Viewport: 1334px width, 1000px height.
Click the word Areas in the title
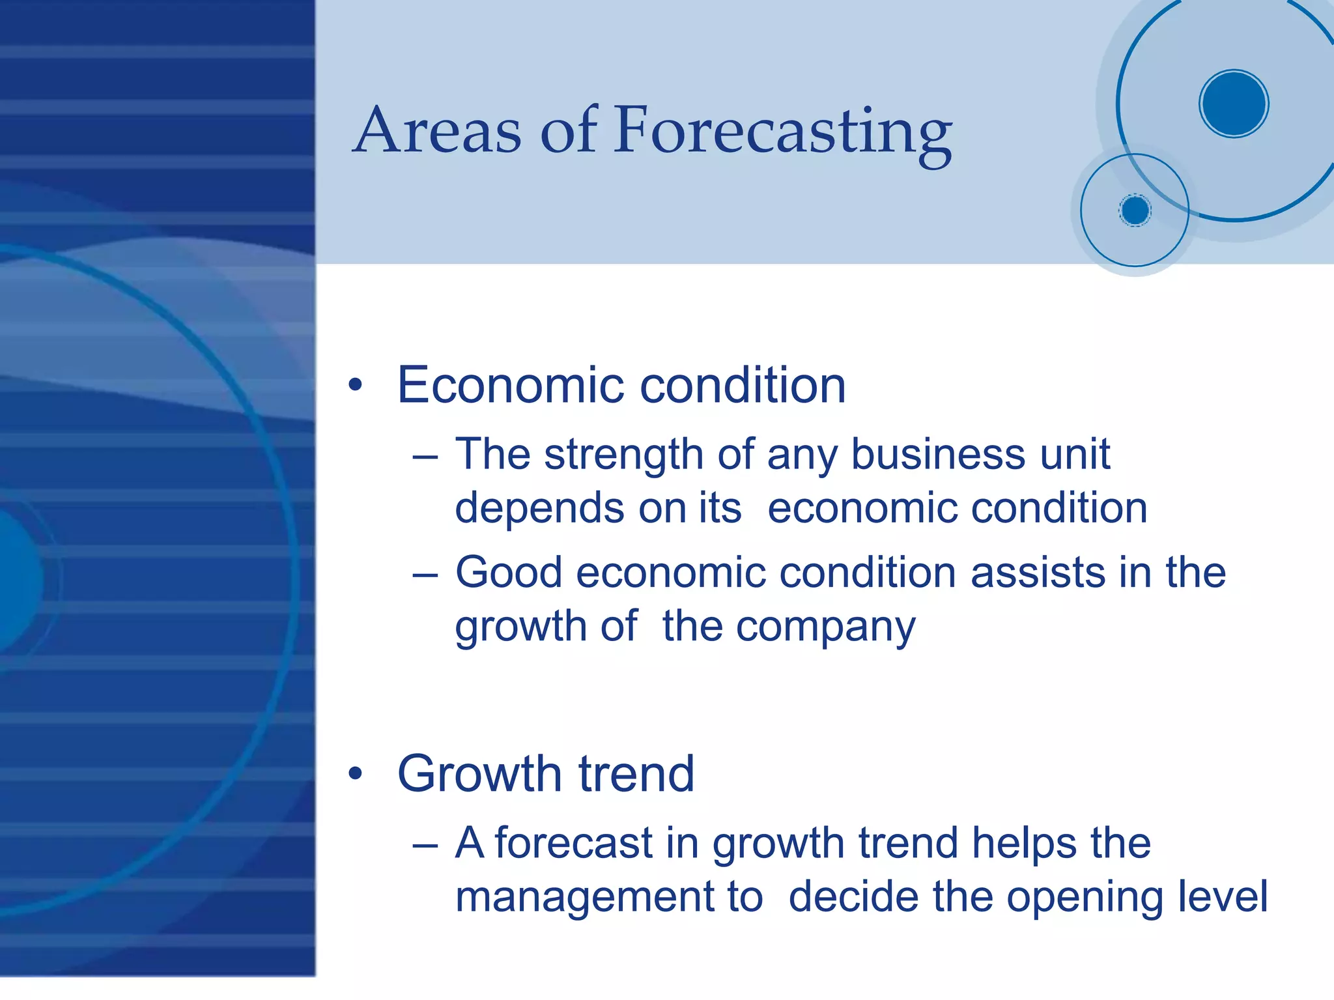(438, 132)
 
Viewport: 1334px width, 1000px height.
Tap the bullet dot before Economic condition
(355, 385)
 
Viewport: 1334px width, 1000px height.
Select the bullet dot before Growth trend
(355, 773)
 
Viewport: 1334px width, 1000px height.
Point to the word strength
(623, 454)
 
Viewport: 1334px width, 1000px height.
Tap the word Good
(508, 573)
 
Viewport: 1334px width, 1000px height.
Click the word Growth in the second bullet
(479, 773)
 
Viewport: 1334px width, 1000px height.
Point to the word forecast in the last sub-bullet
(574, 843)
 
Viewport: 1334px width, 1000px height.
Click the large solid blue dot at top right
(1233, 104)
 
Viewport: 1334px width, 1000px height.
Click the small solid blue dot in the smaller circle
(1135, 210)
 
